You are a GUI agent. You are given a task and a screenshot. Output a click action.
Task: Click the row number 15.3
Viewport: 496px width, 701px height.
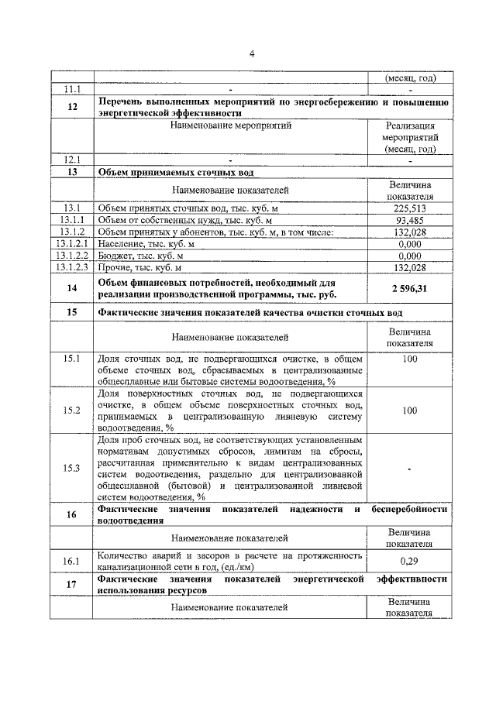[x=72, y=468]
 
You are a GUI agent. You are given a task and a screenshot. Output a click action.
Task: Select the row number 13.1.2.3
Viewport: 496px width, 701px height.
[x=72, y=267]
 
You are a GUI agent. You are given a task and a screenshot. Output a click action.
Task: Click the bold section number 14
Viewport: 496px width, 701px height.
[x=72, y=287]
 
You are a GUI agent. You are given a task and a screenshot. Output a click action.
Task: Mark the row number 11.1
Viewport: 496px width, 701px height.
[x=72, y=91]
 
